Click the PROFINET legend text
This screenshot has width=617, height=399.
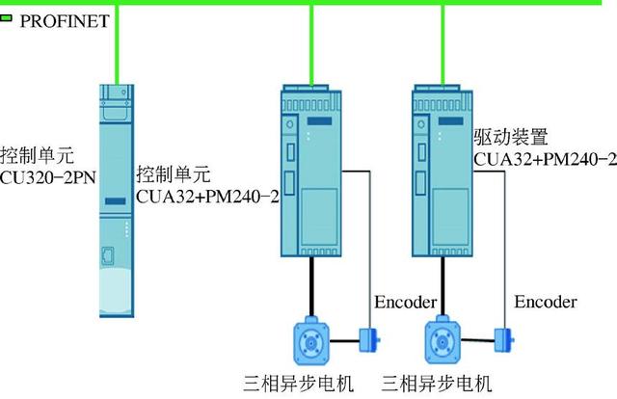click(x=65, y=19)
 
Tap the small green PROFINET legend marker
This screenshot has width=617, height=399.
click(x=7, y=17)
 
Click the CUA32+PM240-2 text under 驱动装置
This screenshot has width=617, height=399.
click(x=545, y=157)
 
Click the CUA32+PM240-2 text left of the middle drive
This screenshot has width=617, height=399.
click(x=207, y=197)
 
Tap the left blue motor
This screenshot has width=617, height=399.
click(x=314, y=342)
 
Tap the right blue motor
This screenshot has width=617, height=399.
click(x=445, y=342)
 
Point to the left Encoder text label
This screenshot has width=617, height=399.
click(x=406, y=303)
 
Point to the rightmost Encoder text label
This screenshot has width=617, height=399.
click(x=546, y=303)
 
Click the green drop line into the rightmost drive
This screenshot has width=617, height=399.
click(x=443, y=43)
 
